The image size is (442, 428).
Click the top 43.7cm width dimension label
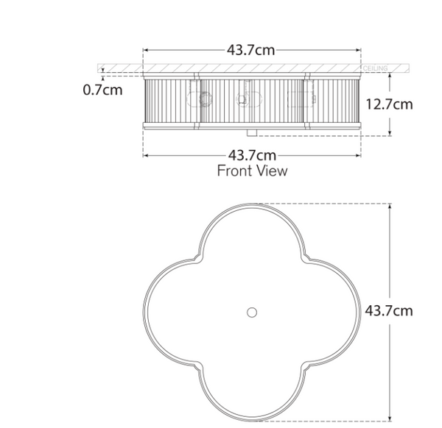tap(252, 50)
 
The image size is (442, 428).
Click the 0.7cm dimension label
tap(102, 90)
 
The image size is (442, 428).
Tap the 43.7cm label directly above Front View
tap(252, 155)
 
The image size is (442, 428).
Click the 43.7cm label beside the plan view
tap(389, 310)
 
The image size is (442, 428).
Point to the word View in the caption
tap(271, 171)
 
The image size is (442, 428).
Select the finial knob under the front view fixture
tap(252, 133)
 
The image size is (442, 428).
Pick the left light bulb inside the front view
tap(202, 99)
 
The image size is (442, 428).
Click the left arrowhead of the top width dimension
tap(145, 50)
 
